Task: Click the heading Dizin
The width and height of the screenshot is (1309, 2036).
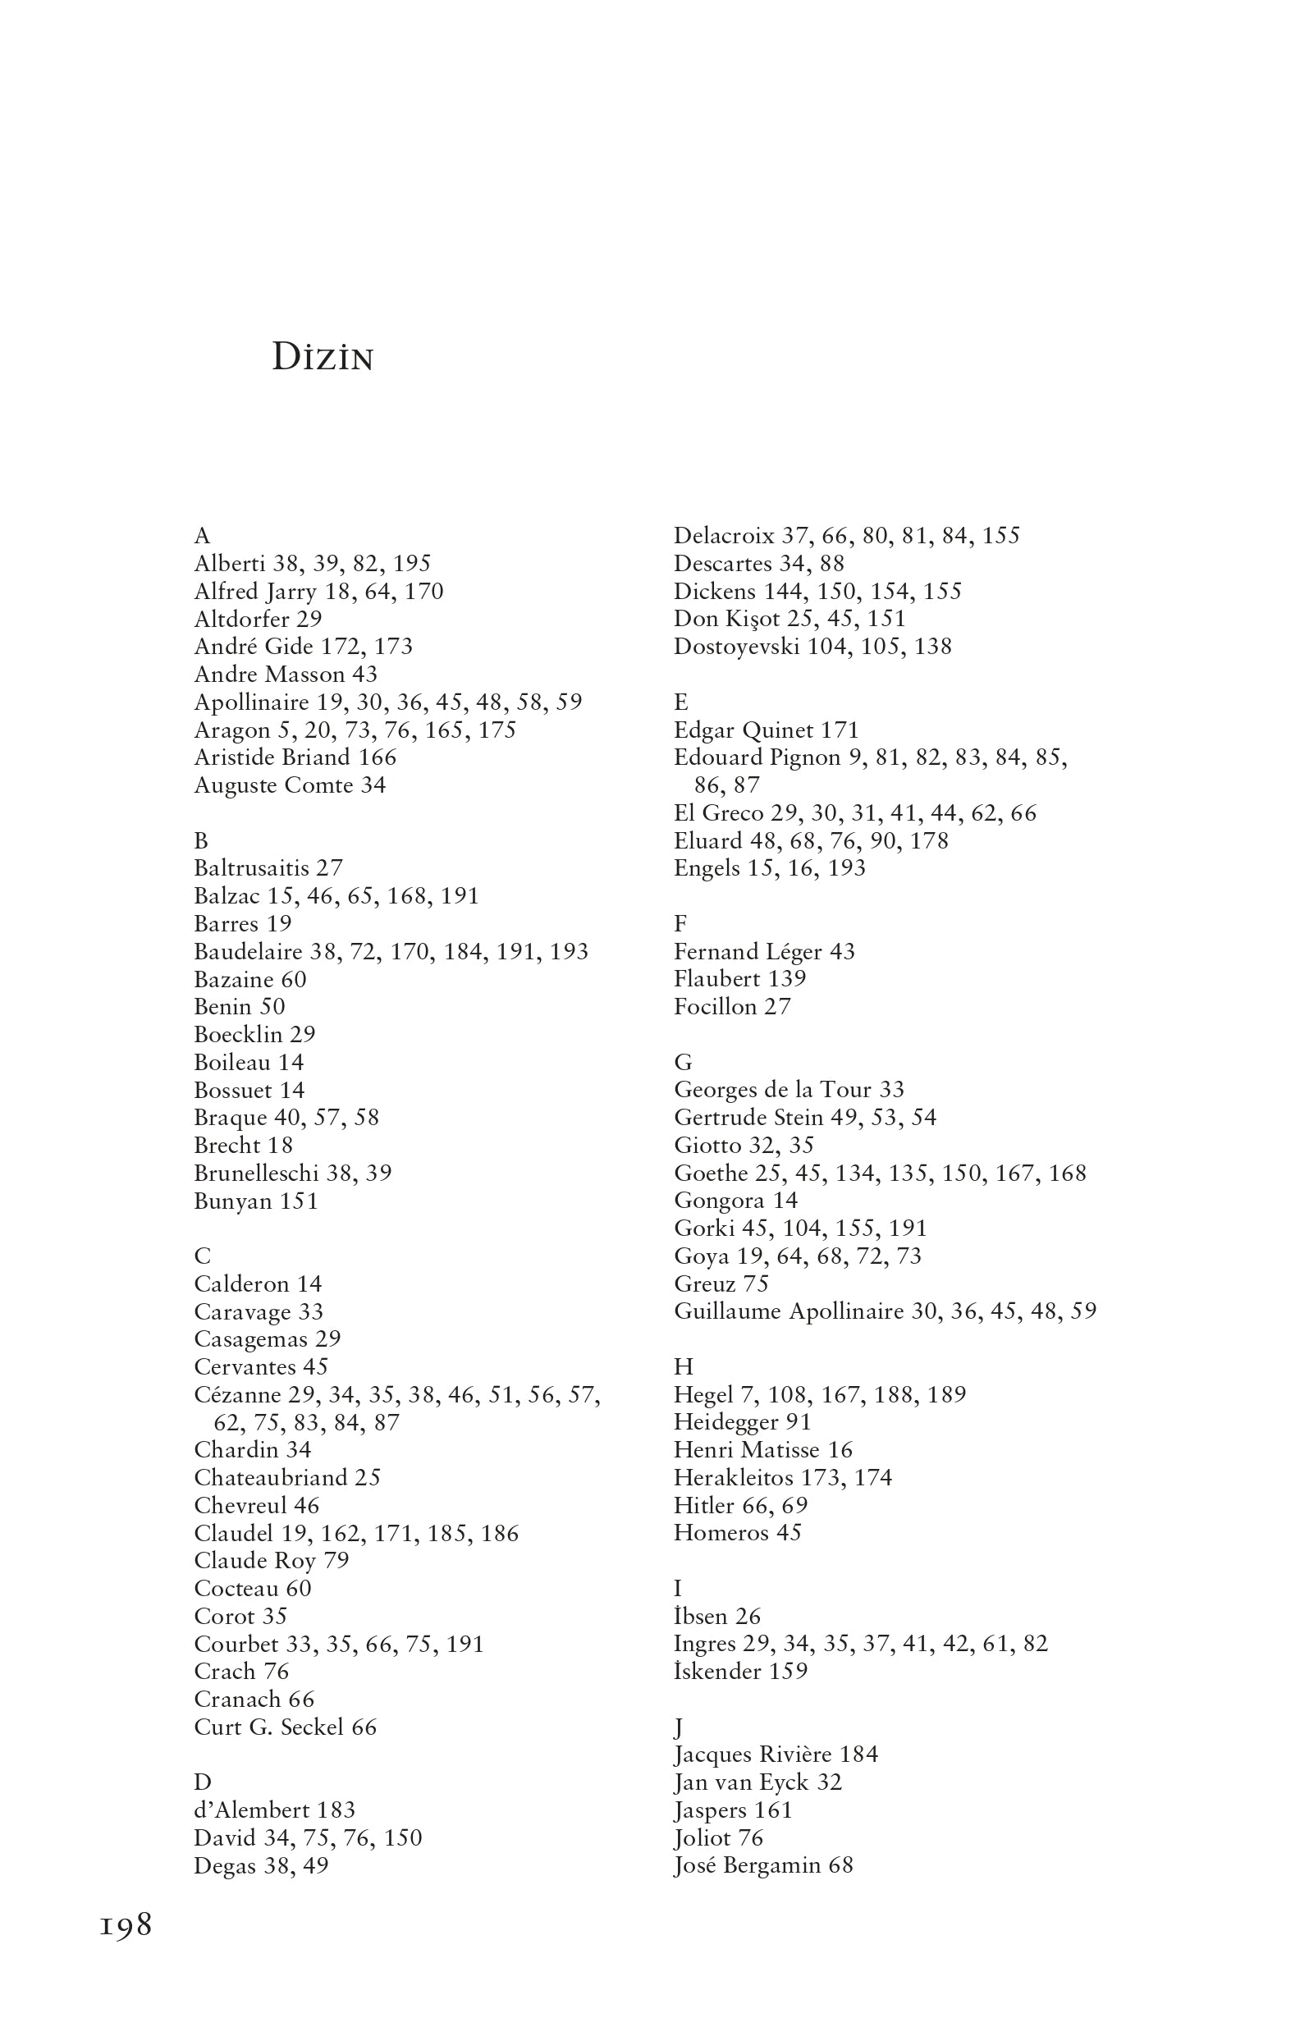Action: tap(323, 358)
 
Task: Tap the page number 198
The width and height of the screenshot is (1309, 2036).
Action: tap(126, 1924)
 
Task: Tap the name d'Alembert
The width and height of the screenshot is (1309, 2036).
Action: tap(253, 1810)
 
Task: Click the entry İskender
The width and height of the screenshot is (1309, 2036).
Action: tap(717, 1672)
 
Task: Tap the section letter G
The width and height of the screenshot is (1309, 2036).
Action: tap(683, 1062)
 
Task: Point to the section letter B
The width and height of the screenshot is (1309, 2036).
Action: tap(201, 840)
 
